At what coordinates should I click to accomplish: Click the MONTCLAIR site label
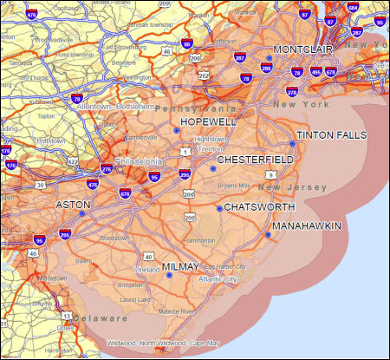coord(303,49)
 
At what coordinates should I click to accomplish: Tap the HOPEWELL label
coord(209,122)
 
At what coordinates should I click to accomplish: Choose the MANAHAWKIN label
coord(306,226)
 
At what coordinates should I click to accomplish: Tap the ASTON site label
coord(72,205)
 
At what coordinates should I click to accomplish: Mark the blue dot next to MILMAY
coord(169,276)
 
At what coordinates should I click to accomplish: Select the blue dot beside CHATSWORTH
coord(218,208)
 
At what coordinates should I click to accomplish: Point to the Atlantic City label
coord(218,279)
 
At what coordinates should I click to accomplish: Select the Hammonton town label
coord(199,239)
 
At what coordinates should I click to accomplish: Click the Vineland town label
coord(147,270)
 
